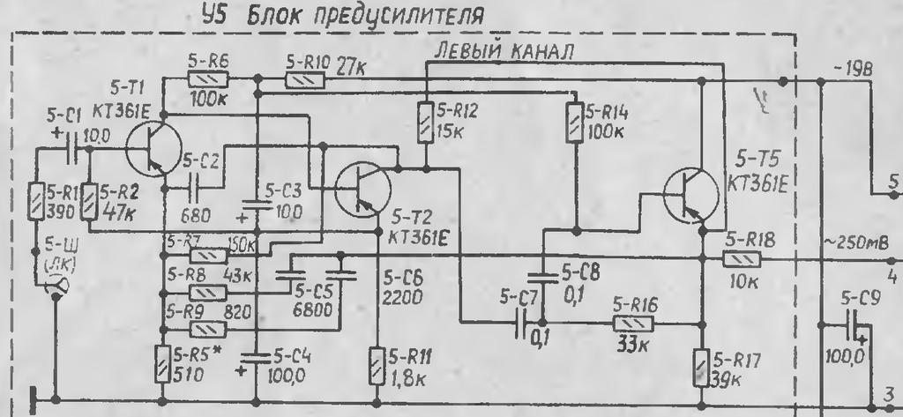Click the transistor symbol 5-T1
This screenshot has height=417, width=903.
coord(151,150)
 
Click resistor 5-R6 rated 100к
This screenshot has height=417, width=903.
coord(208,79)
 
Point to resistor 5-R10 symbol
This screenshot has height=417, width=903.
coord(305,79)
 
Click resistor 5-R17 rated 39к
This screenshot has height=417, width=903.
coord(704,364)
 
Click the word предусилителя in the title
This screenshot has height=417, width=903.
coord(388,15)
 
